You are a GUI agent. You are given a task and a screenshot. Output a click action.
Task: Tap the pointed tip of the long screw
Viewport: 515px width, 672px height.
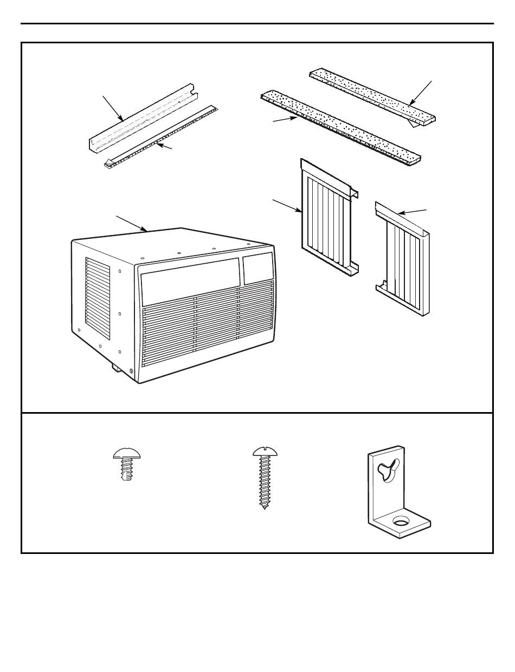[264, 508]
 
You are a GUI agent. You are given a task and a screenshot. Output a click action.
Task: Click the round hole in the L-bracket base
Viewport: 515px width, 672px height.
[401, 521]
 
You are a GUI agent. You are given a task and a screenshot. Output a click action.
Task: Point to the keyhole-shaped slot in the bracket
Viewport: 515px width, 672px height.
[390, 467]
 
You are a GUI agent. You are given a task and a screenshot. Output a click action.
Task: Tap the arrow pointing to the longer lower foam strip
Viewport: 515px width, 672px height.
[284, 119]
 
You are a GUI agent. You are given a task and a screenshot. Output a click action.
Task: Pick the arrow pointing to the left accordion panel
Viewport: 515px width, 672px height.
[287, 206]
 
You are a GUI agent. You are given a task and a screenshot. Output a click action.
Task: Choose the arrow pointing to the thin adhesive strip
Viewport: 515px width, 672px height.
[164, 146]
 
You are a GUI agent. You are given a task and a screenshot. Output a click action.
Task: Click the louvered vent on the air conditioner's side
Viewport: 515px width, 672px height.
[98, 298]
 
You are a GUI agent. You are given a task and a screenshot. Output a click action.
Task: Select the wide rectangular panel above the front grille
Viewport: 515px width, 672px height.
[190, 280]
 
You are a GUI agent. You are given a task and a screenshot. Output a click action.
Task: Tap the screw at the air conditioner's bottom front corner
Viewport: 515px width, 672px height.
[131, 371]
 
